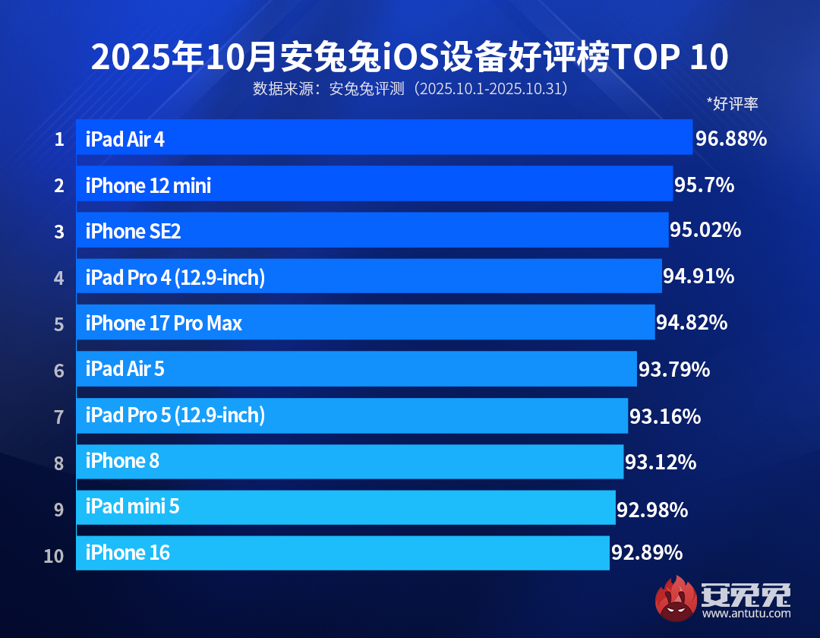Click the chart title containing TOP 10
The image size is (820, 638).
410,57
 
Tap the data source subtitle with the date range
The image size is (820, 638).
410,89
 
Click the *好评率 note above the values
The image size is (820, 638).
732,105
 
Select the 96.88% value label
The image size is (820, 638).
730,139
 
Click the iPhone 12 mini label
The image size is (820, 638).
148,185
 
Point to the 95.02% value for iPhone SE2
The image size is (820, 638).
705,230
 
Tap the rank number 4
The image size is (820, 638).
58,278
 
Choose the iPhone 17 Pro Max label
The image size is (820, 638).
163,324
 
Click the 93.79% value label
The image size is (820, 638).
673,370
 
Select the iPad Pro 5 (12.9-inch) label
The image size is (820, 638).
175,415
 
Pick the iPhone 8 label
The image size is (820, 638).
122,461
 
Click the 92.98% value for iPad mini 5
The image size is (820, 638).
651,509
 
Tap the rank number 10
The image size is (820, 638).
54,556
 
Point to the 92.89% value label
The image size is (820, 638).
646,553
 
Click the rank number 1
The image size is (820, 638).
58,140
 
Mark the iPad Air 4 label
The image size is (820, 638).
125,139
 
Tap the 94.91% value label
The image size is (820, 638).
698,276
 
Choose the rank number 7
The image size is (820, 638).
58,417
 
